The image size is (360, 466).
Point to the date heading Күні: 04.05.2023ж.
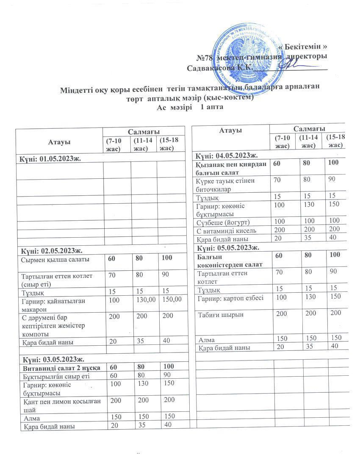click(227, 155)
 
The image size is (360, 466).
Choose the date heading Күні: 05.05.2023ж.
click(227, 247)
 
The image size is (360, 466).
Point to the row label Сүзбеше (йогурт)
click(223, 222)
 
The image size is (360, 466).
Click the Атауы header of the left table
click(59, 140)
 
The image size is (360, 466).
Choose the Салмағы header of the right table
click(309, 128)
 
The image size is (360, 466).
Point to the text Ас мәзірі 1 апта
click(190, 108)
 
